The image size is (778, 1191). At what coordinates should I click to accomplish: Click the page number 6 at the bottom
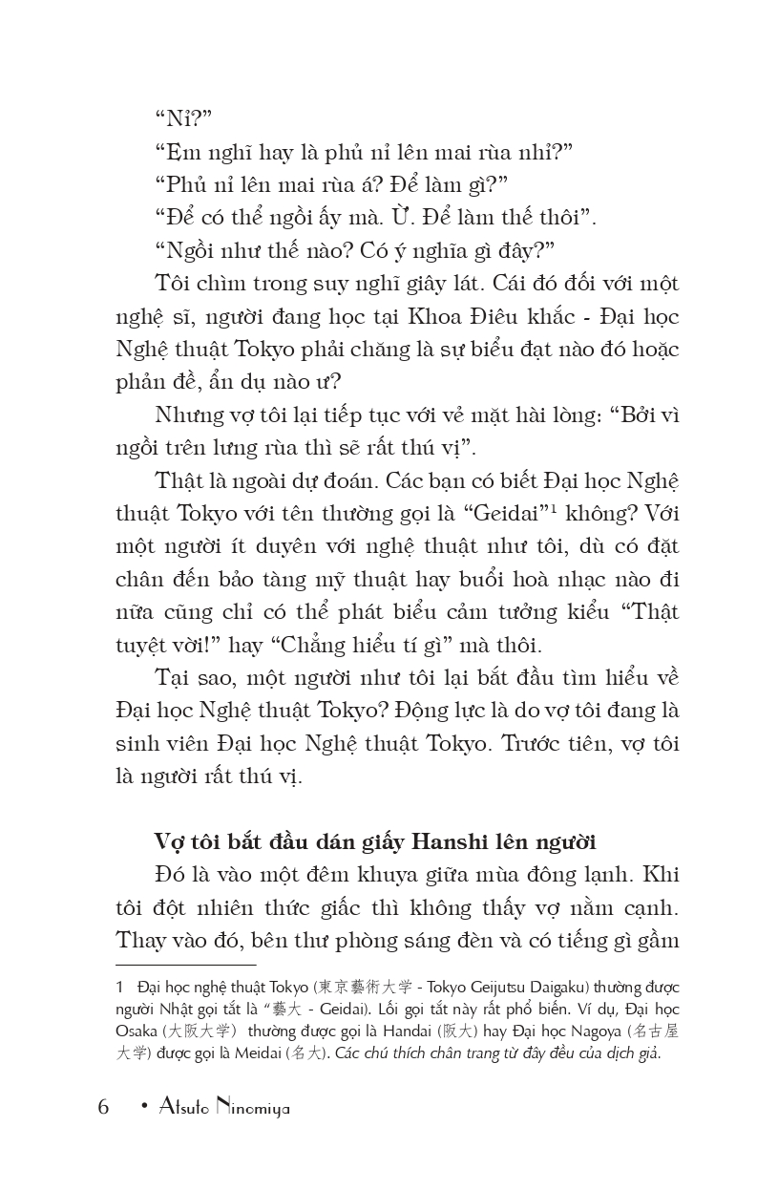(x=103, y=1108)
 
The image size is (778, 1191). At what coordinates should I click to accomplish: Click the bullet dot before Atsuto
(x=143, y=1107)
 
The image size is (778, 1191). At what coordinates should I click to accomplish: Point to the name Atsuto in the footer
(x=181, y=1108)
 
